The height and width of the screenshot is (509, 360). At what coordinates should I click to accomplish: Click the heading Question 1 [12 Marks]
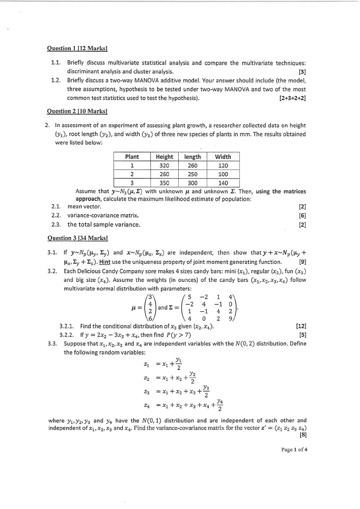(77, 48)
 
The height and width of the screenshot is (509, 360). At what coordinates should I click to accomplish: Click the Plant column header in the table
(132, 157)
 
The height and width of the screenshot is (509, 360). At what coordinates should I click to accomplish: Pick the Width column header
(223, 157)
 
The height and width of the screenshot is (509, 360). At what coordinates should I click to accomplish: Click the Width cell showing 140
(223, 184)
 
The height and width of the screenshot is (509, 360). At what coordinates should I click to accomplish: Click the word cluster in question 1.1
(142, 72)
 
